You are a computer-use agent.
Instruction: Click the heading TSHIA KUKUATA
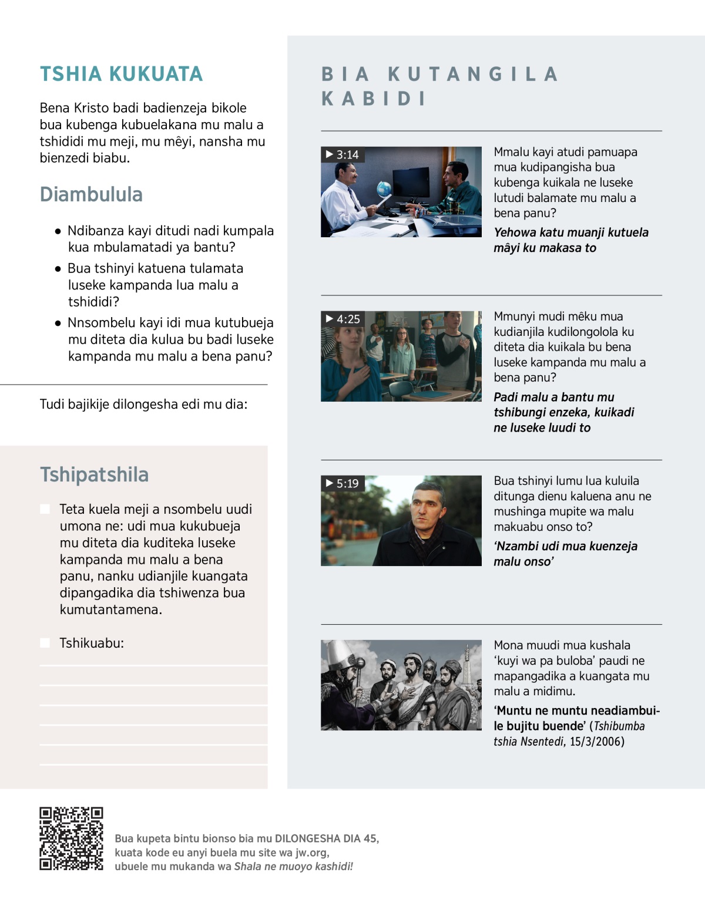[x=121, y=74]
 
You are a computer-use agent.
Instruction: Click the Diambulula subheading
[x=91, y=194]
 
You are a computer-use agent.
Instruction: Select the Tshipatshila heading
[x=94, y=474]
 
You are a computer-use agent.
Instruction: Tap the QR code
[x=71, y=838]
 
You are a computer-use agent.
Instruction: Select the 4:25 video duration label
[x=343, y=319]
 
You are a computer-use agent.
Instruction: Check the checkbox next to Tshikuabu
[x=45, y=643]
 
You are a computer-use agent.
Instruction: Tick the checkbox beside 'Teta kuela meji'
[x=45, y=509]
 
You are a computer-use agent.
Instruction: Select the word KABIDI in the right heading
[x=374, y=99]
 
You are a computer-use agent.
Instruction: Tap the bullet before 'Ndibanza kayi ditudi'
[x=58, y=231]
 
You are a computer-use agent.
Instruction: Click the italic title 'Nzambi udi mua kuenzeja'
[x=565, y=547]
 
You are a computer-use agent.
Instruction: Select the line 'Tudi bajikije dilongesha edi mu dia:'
[x=143, y=404]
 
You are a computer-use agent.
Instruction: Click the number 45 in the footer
[x=370, y=838]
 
